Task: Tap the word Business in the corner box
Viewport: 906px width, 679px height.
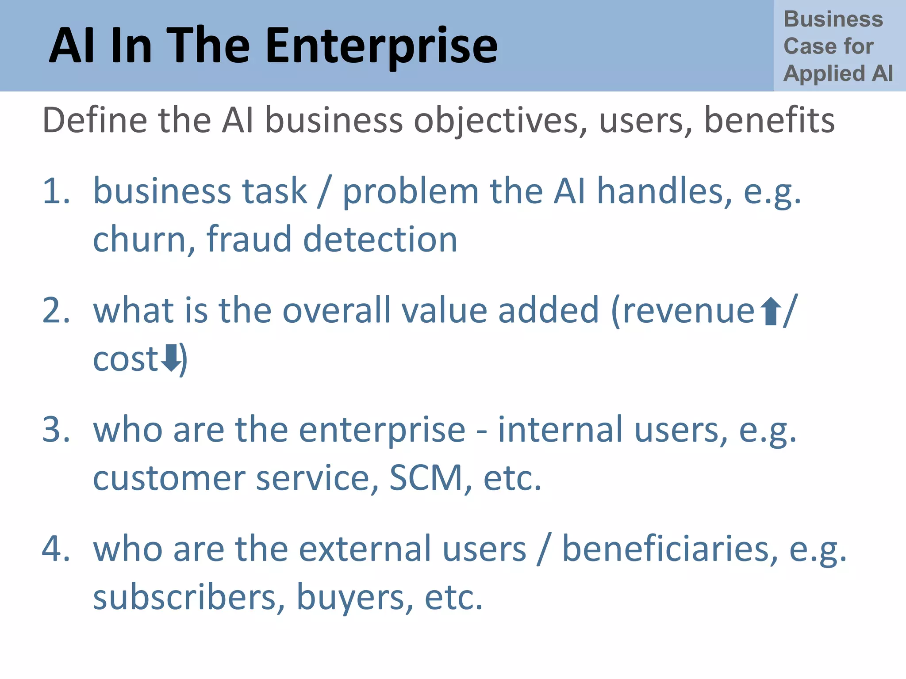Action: pyautogui.click(x=833, y=19)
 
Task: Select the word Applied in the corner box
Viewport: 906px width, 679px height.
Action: pyautogui.click(x=824, y=73)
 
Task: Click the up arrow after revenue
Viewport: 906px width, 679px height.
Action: pyautogui.click(x=771, y=311)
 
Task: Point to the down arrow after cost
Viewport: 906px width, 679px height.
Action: pyautogui.click(x=170, y=358)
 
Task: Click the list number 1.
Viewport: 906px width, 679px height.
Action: pyautogui.click(x=56, y=191)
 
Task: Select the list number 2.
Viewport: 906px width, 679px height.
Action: pyautogui.click(x=56, y=310)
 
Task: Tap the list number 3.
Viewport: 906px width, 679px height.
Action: pyautogui.click(x=56, y=430)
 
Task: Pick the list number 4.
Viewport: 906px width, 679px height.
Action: pyautogui.click(x=56, y=549)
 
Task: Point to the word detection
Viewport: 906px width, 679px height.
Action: pyautogui.click(x=380, y=240)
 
